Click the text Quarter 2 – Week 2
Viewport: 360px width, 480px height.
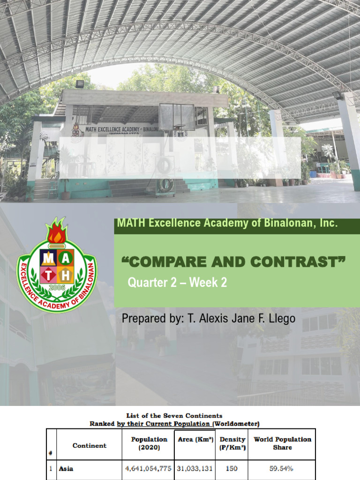pyautogui.click(x=177, y=283)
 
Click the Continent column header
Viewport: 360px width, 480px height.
pyautogui.click(x=89, y=445)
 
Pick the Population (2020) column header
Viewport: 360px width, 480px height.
pyautogui.click(x=149, y=443)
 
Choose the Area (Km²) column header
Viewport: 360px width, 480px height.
pyautogui.click(x=195, y=440)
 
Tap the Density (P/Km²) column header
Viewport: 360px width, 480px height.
pyautogui.click(x=232, y=443)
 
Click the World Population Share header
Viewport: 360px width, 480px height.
pyautogui.click(x=282, y=443)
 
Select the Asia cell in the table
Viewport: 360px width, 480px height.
pyautogui.click(x=67, y=468)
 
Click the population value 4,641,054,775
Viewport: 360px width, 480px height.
pyautogui.click(x=148, y=468)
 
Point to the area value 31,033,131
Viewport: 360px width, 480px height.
pyautogui.click(x=195, y=468)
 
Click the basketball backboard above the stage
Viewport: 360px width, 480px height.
pyautogui.click(x=176, y=117)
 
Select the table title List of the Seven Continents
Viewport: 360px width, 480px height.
pyautogui.click(x=174, y=415)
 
